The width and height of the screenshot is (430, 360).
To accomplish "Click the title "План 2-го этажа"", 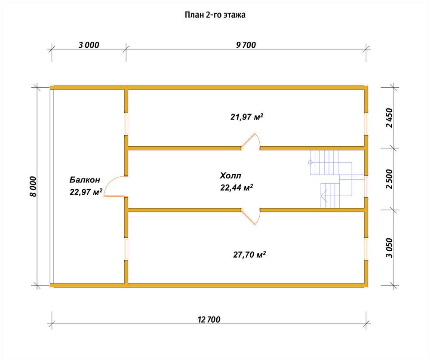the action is [x=215, y=15].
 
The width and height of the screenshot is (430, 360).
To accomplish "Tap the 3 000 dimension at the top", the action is [x=89, y=45].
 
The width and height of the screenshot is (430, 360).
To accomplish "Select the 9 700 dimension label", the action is [x=246, y=45].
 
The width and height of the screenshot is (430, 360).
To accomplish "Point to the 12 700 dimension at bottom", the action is [x=209, y=320].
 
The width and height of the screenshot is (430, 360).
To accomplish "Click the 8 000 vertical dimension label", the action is [x=33, y=186].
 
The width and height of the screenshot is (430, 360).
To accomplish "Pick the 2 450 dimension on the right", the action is [x=389, y=118].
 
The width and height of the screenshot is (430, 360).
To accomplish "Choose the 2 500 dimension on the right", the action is [x=389, y=179].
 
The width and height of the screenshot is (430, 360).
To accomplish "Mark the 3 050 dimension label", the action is [x=389, y=248].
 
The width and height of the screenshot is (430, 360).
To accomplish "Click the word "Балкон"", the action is [x=85, y=180].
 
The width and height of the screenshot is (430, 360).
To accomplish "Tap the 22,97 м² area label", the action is [x=86, y=192].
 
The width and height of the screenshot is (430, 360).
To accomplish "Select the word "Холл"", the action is [x=230, y=175].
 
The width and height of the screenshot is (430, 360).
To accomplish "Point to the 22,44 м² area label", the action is [x=236, y=188].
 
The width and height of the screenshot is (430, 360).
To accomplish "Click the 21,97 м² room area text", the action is [x=247, y=117].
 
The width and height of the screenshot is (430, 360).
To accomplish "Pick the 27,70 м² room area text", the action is [x=249, y=255].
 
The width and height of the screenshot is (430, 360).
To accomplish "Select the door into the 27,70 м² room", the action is [x=251, y=217].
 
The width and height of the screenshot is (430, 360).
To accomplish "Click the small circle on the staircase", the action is [x=310, y=163].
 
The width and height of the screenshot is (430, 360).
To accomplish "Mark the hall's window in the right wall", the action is [x=366, y=186].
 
